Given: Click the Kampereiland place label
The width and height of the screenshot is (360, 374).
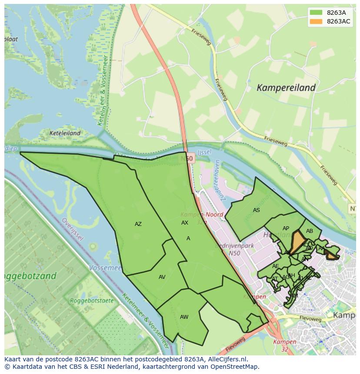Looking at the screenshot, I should (x=286, y=88).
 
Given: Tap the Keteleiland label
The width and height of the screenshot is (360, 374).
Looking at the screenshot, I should (x=65, y=133).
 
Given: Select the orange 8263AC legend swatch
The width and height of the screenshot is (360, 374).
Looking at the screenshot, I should (x=316, y=22).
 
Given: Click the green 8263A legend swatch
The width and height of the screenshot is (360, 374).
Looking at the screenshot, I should (x=316, y=13).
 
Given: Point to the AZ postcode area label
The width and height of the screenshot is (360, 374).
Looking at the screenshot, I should (x=138, y=224).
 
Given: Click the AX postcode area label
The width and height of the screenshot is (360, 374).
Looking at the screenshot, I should (x=185, y=222).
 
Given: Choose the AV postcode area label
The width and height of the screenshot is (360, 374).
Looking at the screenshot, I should (x=162, y=277).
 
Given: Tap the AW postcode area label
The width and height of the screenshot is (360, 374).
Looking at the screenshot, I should (x=184, y=317).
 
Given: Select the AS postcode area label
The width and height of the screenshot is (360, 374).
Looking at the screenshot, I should (x=257, y=210).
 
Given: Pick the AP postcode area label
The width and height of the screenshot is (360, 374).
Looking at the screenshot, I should (x=286, y=228).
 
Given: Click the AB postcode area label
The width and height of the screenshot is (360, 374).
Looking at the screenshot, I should (x=310, y=231).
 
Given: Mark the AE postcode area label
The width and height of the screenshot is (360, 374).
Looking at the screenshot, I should (x=276, y=266).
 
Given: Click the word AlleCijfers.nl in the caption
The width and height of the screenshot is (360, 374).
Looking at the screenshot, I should (x=226, y=359).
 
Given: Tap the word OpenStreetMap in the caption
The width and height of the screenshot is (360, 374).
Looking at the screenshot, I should (x=236, y=367).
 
